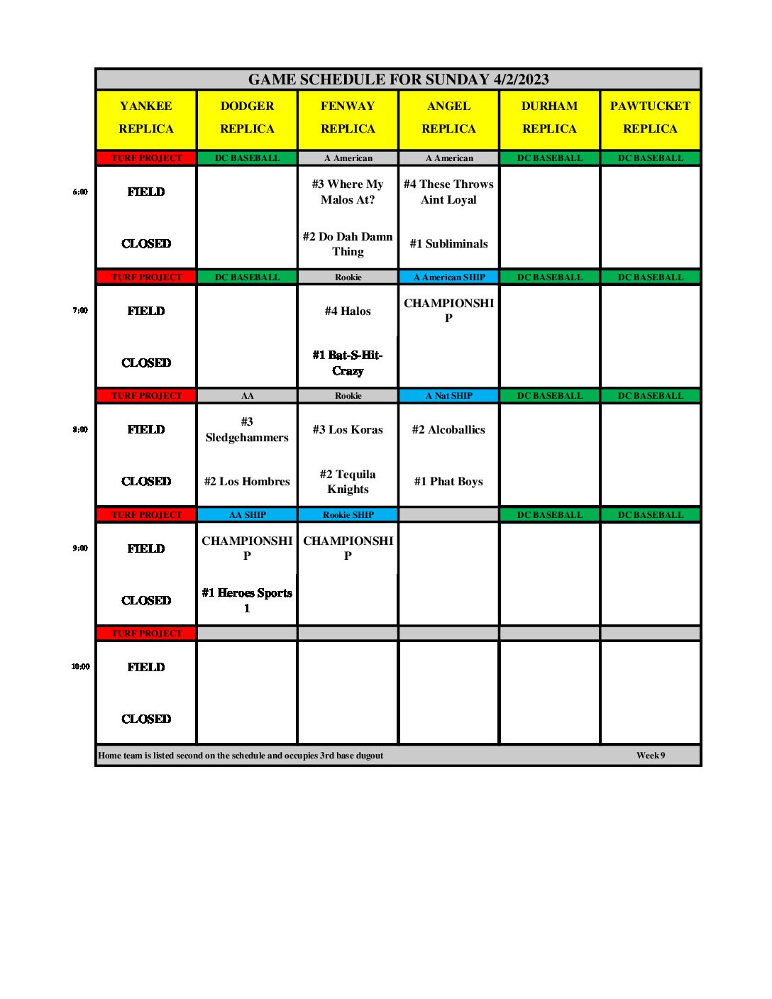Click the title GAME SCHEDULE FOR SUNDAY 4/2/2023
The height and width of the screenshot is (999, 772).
[x=398, y=79]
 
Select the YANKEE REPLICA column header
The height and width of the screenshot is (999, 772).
[x=146, y=118]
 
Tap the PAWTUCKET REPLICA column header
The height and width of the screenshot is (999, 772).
[x=650, y=118]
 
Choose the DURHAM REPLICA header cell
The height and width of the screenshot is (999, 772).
[x=549, y=118]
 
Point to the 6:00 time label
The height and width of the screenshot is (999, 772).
[x=80, y=192]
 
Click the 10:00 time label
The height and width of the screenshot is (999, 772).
[x=80, y=667]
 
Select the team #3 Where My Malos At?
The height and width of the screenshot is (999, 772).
[x=348, y=192]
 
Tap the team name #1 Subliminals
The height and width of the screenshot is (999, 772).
[x=448, y=244]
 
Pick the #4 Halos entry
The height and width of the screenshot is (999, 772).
[x=348, y=311]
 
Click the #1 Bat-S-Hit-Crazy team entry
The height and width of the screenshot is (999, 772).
[x=348, y=363]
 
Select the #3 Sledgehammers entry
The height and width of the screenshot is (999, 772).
[x=247, y=430]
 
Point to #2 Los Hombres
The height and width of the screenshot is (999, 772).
[x=247, y=482]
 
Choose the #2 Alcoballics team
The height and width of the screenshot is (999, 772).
[x=448, y=430]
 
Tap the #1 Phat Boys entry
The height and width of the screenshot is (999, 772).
[x=448, y=482]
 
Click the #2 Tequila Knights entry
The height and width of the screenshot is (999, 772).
[x=348, y=482]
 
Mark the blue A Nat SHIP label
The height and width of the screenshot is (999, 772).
[x=448, y=396]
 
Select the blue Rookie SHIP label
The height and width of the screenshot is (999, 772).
[x=348, y=515]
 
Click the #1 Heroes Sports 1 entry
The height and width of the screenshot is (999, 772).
[x=247, y=600]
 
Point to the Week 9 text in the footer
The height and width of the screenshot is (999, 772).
[x=651, y=756]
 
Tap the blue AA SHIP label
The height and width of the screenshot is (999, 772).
[x=247, y=515]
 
